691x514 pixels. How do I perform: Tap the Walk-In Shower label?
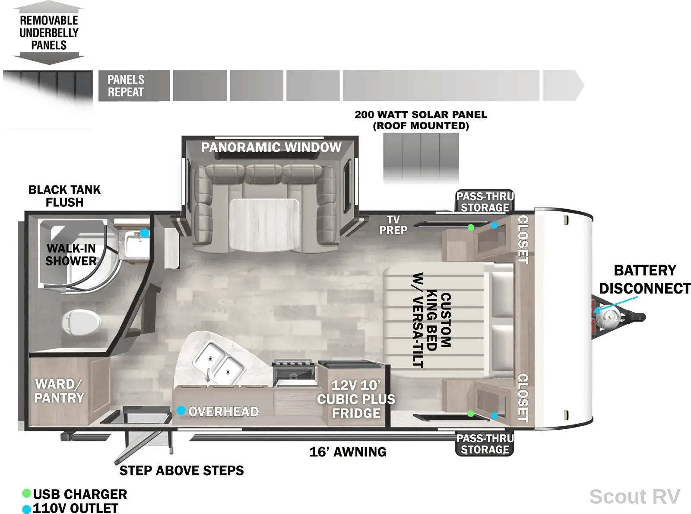click(71, 255)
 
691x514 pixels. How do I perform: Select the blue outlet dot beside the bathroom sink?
click(144, 233)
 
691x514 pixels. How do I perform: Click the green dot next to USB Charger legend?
click(27, 493)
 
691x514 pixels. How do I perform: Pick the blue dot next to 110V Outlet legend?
click(27, 509)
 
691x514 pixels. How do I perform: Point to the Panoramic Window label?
click(271, 147)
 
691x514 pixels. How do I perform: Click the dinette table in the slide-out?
click(264, 224)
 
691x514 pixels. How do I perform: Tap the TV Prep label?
click(393, 224)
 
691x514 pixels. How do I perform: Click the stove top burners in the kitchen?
click(293, 364)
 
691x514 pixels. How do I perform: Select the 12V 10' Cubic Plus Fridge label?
click(356, 399)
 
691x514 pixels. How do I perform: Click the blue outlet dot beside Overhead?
click(181, 410)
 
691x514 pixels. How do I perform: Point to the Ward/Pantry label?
click(59, 391)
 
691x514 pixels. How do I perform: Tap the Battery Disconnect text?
click(645, 279)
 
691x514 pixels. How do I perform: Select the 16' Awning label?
click(348, 452)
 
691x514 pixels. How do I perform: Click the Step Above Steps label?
click(182, 470)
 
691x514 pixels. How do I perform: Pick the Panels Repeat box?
click(134, 86)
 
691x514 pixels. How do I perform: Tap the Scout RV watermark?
click(634, 496)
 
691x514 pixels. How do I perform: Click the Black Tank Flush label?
click(64, 196)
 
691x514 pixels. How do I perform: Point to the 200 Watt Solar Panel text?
click(421, 120)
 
